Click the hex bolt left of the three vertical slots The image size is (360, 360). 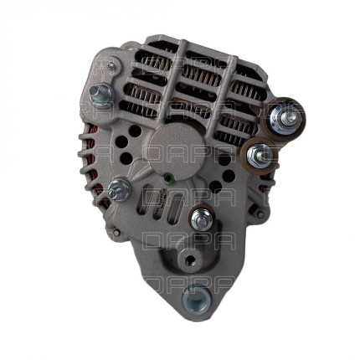(118, 190)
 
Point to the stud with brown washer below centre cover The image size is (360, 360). (200, 219)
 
